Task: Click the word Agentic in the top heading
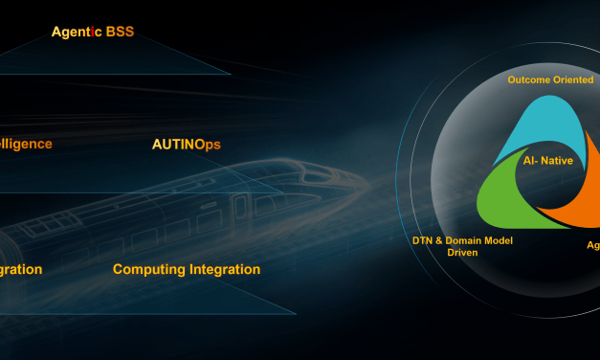(x=78, y=32)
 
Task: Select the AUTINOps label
(x=186, y=145)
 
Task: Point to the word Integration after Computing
(x=224, y=269)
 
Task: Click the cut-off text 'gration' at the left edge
(x=21, y=269)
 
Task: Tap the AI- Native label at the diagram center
(x=548, y=161)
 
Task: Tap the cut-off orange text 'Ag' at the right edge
(x=592, y=246)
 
